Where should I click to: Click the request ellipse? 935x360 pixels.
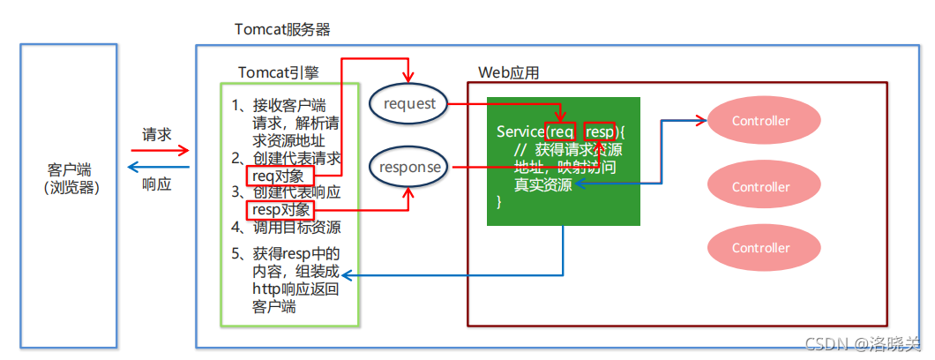[409, 104]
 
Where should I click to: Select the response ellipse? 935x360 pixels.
[409, 166]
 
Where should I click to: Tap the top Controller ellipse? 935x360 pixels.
[760, 121]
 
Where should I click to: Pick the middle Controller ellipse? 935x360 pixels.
[760, 187]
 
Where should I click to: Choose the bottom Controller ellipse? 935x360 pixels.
[760, 248]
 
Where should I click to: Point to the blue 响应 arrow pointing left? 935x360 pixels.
[159, 167]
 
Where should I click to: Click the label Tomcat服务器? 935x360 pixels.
[282, 28]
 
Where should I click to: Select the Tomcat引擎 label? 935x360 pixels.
[277, 71]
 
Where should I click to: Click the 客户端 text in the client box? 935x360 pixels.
[70, 169]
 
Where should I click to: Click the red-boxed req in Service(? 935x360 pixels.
[561, 131]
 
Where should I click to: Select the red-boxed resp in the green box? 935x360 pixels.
[599, 131]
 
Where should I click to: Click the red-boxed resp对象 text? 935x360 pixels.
[280, 209]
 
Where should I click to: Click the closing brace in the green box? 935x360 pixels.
[499, 202]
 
